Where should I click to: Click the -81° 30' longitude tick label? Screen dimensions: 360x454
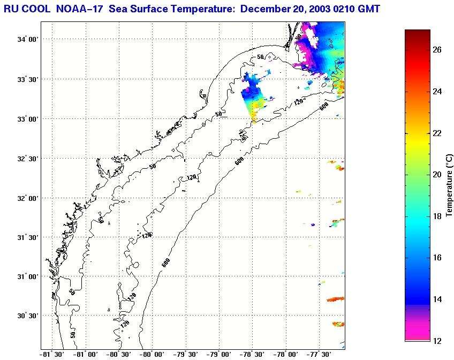(51, 354)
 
